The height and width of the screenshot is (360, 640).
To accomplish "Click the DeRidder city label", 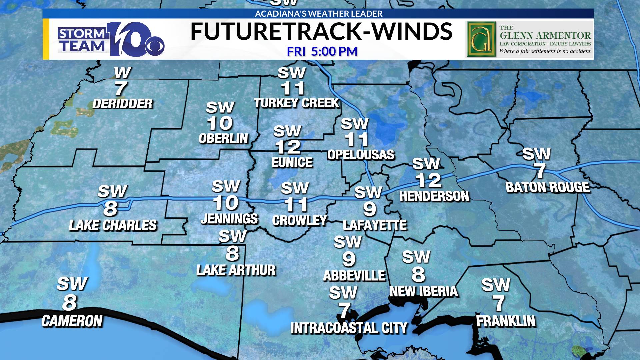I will (122, 104).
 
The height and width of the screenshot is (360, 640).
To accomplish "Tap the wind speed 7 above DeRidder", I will (121, 89).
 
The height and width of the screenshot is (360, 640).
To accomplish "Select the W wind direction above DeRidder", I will (122, 72).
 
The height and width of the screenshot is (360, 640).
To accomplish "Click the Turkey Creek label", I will (296, 103).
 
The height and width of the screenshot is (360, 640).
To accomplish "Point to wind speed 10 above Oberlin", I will (220, 124).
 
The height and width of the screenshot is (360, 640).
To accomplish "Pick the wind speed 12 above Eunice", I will (288, 147).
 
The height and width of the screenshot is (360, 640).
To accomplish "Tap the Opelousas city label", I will (361, 155).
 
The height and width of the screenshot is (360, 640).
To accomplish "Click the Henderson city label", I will (434, 196).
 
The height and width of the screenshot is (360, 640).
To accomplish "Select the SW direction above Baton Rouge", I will (536, 154).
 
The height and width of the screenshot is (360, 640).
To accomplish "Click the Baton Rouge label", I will (548, 187).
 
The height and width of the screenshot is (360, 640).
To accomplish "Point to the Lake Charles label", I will (113, 225).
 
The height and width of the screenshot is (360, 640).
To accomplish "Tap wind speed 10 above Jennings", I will (226, 203).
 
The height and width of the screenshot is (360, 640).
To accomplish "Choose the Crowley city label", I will (299, 221).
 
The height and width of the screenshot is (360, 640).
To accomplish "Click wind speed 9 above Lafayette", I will (369, 209).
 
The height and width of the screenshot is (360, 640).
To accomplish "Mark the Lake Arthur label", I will (236, 270).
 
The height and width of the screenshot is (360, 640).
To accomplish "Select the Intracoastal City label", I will (349, 328).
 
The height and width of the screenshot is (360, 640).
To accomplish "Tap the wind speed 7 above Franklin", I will (499, 303).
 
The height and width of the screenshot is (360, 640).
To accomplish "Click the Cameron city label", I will (72, 321).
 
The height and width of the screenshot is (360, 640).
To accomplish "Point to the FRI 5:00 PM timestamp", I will (322, 51).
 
